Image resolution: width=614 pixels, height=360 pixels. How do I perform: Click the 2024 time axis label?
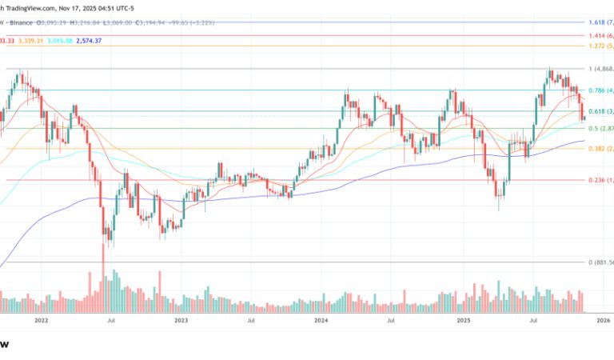click(321, 319)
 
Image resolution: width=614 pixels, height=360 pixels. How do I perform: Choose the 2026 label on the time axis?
click(603, 319)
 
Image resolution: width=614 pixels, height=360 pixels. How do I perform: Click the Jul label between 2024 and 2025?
click(390, 319)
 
